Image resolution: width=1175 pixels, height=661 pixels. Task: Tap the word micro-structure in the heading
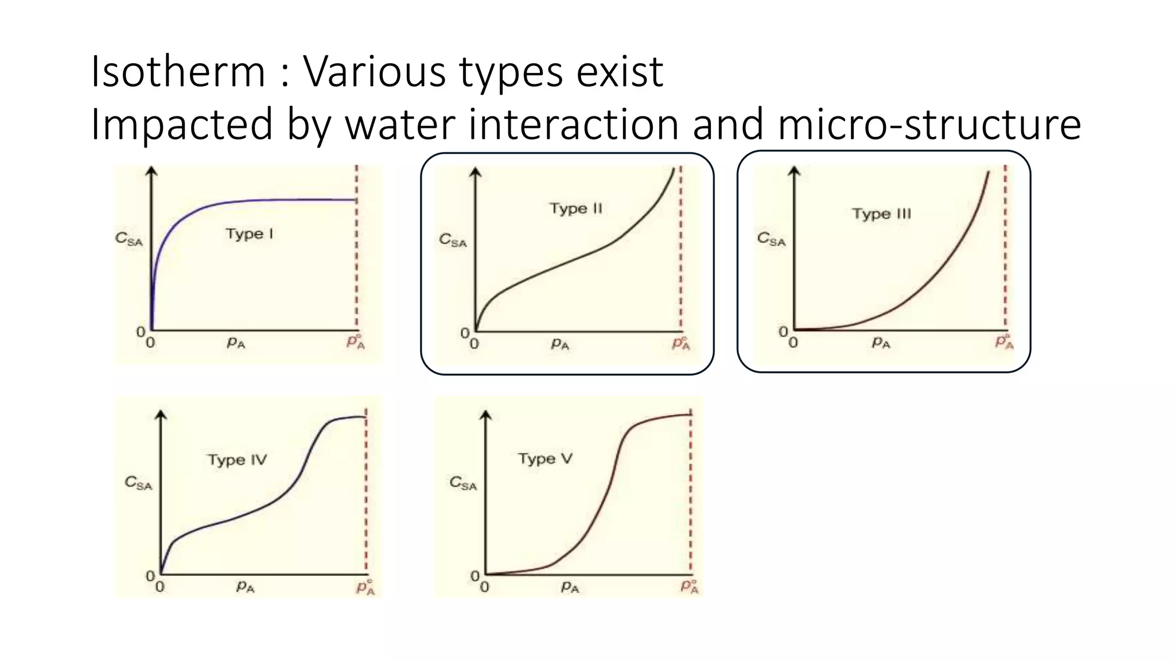(929, 124)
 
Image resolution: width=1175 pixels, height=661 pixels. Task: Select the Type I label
(249, 234)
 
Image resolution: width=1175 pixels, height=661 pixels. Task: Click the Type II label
(575, 208)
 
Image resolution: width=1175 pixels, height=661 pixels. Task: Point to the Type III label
(881, 214)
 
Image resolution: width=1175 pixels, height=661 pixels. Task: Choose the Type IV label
(237, 460)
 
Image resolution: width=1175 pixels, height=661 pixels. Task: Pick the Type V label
(545, 459)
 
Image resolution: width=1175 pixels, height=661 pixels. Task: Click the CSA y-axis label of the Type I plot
(129, 239)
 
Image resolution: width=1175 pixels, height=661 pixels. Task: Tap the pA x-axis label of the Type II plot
(559, 344)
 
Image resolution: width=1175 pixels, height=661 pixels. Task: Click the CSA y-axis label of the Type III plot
(771, 239)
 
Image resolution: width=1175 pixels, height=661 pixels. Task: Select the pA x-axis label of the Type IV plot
(246, 586)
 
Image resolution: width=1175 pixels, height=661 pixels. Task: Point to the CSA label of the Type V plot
(463, 483)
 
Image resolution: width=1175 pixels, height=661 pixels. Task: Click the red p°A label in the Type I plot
(356, 342)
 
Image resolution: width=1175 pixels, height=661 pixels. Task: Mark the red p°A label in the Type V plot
(690, 586)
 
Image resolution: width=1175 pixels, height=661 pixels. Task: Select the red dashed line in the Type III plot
(1005, 247)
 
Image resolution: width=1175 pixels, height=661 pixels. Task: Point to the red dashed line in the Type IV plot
(366, 493)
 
